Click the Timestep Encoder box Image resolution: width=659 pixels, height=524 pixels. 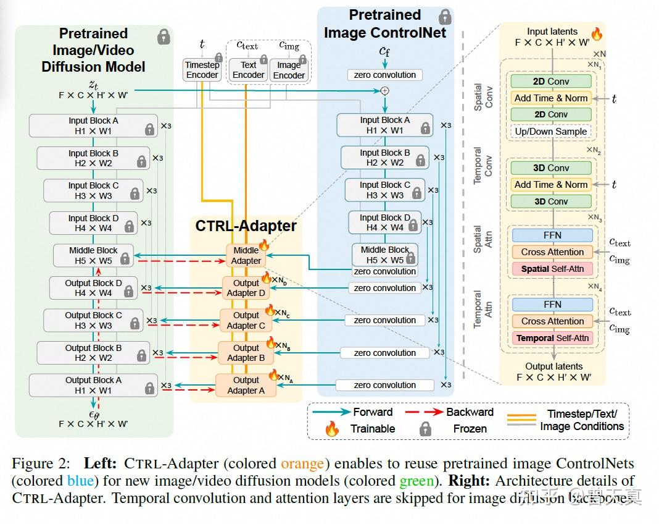coord(202,69)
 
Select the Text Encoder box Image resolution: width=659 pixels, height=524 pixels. coord(249,69)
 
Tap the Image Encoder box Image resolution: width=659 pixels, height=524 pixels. coord(289,69)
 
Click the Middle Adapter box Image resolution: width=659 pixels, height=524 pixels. coord(246,255)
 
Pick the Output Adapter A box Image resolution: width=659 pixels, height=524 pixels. coord(246,385)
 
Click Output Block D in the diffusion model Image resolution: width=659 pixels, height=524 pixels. coord(93,288)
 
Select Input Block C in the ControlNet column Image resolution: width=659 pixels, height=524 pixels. coord(385,190)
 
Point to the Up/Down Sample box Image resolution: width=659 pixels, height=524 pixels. coord(550,131)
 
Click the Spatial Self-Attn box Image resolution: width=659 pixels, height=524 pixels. coord(552,269)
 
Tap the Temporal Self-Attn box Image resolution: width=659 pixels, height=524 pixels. coord(552,338)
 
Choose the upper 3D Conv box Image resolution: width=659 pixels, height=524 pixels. coord(550,168)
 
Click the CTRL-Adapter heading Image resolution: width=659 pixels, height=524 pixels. coord(246,226)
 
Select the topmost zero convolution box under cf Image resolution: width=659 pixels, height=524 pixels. coord(385,75)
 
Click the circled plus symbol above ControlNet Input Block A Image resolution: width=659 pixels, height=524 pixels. coord(385,91)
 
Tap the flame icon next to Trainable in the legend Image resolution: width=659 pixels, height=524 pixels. coord(332,429)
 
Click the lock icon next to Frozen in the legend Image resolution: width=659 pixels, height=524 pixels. coord(426,429)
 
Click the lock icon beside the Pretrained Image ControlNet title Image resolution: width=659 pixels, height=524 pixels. coord(444,16)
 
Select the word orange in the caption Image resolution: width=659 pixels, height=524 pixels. coord(302,463)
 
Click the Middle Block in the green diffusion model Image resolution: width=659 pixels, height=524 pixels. coord(93,256)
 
